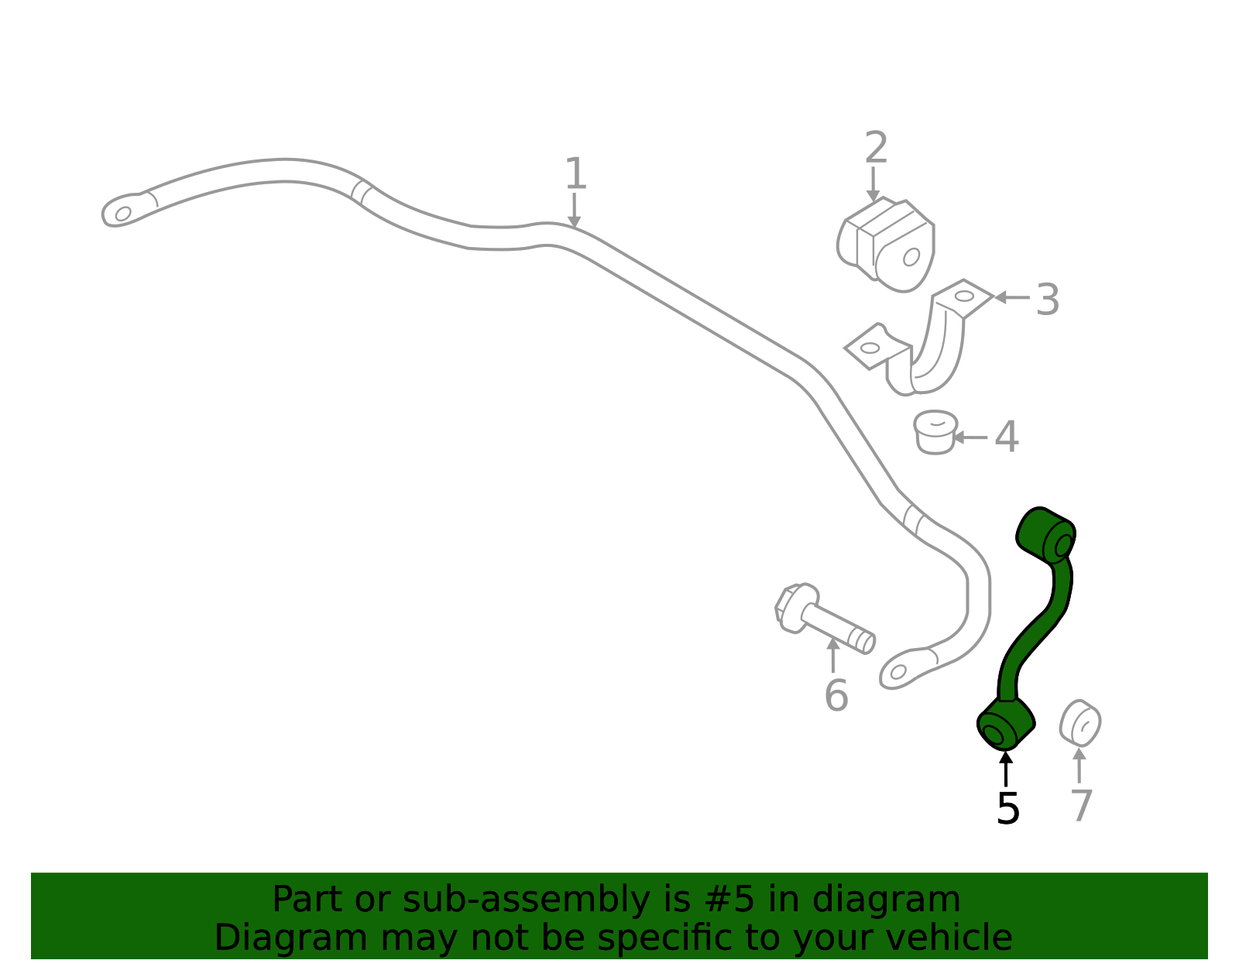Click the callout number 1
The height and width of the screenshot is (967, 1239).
(x=575, y=173)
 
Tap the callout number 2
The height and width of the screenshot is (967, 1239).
(x=876, y=147)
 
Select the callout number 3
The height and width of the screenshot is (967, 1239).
(x=1048, y=300)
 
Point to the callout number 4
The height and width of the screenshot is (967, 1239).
(x=1007, y=437)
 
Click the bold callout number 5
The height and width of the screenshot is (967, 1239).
(x=1007, y=808)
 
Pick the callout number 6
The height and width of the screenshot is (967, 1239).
(x=836, y=695)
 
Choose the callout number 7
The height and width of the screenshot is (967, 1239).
(x=1081, y=805)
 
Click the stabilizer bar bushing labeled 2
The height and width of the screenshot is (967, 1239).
(x=885, y=245)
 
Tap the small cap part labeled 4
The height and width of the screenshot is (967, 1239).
(x=935, y=432)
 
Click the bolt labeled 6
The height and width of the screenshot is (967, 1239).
(x=824, y=619)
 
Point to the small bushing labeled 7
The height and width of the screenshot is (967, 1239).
(x=1080, y=723)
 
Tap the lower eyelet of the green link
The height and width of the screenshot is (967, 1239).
(x=1004, y=726)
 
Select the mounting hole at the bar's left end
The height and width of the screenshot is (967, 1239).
(x=123, y=214)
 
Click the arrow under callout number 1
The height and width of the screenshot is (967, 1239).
(x=574, y=210)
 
